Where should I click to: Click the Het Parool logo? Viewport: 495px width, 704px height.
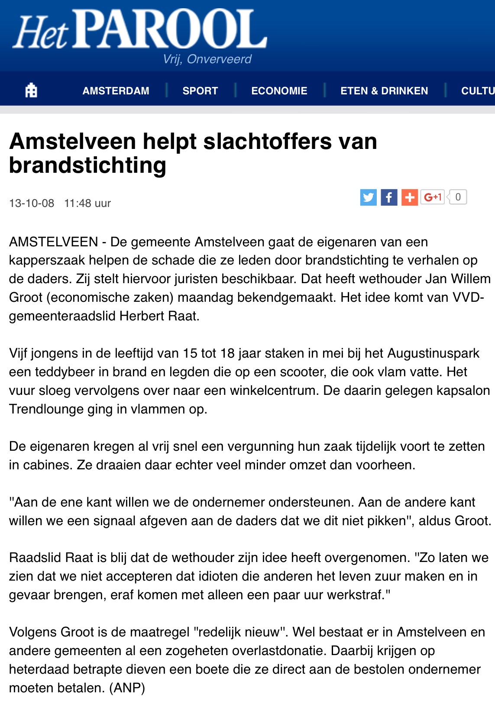point(140,29)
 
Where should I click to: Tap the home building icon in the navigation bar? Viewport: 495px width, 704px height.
point(31,90)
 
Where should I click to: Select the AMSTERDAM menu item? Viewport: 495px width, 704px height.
point(116,91)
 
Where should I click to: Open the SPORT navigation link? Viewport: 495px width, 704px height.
point(200,91)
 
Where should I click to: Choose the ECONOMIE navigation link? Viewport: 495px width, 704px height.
point(279,91)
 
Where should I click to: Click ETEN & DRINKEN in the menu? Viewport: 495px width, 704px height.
point(384,91)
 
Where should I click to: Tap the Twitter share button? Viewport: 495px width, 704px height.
point(368,197)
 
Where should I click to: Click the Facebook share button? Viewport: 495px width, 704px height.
point(389,197)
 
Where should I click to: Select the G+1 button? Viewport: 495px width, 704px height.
point(432,197)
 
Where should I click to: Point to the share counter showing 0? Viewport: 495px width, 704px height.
point(458,197)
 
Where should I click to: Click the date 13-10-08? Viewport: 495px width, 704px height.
point(32,203)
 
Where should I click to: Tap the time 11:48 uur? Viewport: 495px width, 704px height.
point(87,203)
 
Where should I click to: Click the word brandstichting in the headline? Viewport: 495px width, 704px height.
point(87,165)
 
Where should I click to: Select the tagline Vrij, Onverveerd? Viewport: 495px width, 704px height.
point(207,59)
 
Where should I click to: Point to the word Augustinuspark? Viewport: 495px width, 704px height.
point(433,353)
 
